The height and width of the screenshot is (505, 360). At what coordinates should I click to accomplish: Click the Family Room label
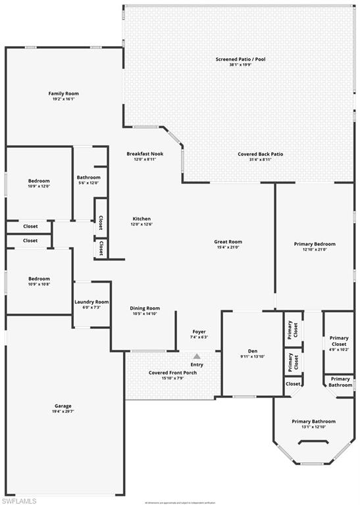click(64, 93)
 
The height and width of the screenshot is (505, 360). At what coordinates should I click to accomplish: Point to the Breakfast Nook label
click(145, 154)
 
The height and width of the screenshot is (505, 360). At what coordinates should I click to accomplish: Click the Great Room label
click(228, 241)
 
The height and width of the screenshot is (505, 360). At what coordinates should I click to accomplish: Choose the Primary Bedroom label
click(314, 244)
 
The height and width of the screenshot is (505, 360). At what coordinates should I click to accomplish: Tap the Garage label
click(63, 406)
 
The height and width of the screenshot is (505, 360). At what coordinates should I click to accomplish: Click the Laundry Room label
click(91, 302)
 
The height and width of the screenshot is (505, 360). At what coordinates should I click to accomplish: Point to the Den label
click(252, 350)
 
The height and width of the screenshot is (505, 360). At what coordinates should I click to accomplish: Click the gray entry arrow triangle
click(197, 356)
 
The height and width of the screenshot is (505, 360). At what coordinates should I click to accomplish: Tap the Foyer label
click(199, 331)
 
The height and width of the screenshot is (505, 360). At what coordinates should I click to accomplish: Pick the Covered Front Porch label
click(172, 373)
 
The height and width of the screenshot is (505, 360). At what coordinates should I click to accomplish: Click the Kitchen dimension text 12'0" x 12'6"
click(141, 224)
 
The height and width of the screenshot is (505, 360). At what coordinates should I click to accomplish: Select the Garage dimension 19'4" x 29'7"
click(63, 412)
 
